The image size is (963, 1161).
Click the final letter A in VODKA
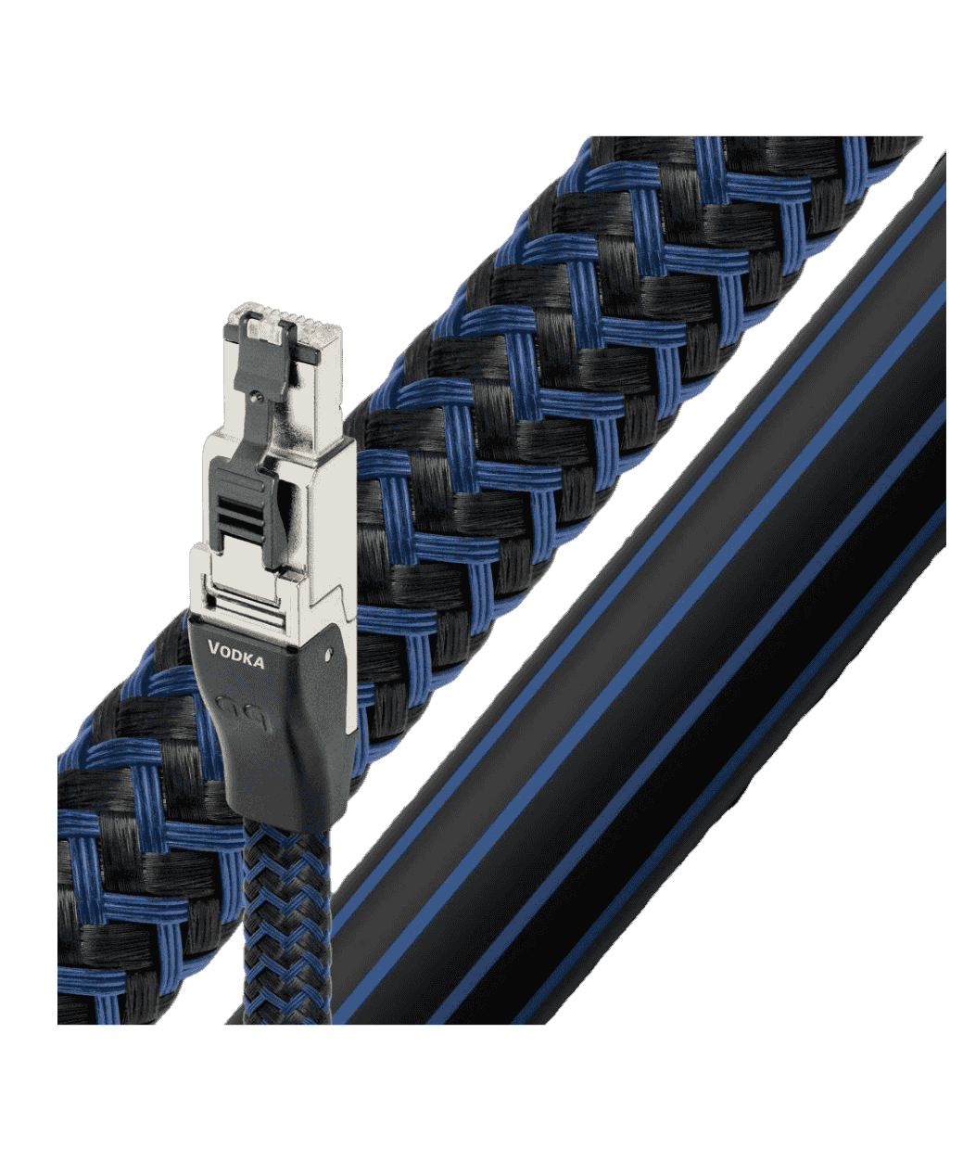(259, 663)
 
